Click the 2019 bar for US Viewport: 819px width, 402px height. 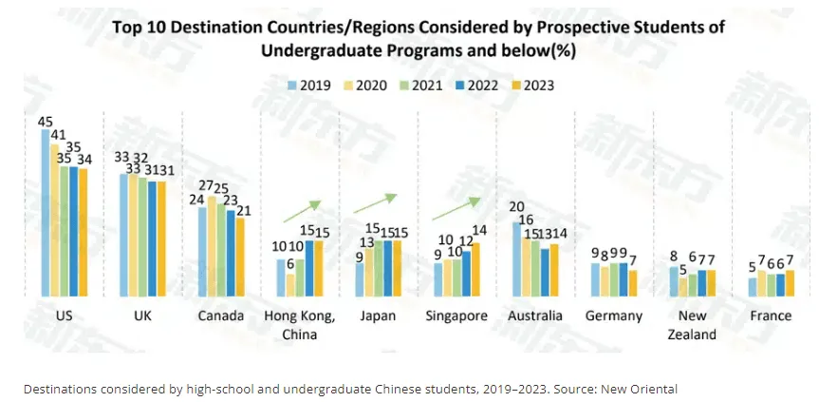click(46, 213)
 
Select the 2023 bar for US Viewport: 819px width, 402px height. click(83, 233)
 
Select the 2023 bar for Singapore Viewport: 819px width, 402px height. click(475, 269)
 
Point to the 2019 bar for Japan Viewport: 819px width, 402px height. click(360, 279)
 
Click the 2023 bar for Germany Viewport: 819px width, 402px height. click(632, 283)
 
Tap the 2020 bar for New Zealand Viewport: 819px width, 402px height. click(683, 287)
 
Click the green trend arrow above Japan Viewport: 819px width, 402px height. click(376, 202)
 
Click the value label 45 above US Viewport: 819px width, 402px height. click(45, 122)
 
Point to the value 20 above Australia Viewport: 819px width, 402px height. click(517, 207)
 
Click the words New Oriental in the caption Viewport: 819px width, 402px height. click(642, 389)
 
